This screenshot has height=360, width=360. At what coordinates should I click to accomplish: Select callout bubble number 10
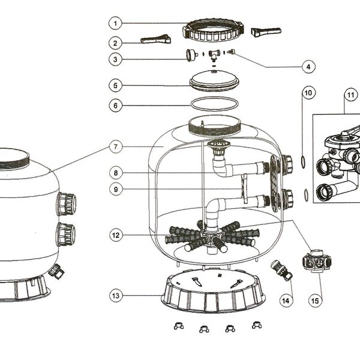(308, 93)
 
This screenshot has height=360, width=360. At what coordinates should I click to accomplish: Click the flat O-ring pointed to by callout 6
(214, 104)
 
